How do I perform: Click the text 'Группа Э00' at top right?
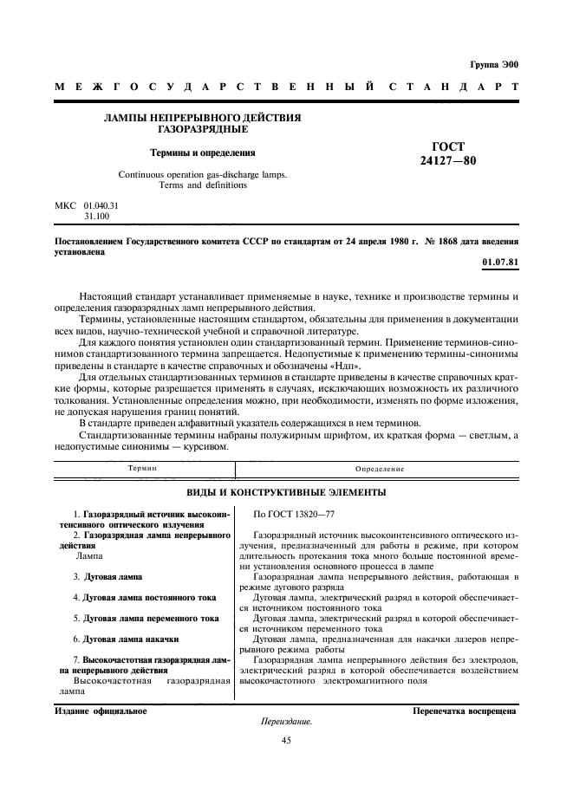tap(493, 64)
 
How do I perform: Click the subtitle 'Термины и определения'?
tap(203, 152)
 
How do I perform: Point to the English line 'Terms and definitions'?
tap(203, 185)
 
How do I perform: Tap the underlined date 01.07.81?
tap(500, 262)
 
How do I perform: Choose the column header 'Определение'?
tap(379, 469)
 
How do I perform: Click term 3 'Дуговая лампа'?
tap(108, 576)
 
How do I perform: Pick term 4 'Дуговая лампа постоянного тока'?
tap(146, 598)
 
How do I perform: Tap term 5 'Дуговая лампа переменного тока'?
tap(146, 620)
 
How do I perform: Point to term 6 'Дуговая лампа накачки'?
tap(126, 640)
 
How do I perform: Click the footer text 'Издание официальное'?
tap(101, 711)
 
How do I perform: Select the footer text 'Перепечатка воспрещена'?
tap(465, 711)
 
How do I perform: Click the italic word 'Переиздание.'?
tap(286, 722)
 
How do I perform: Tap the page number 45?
tap(286, 741)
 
